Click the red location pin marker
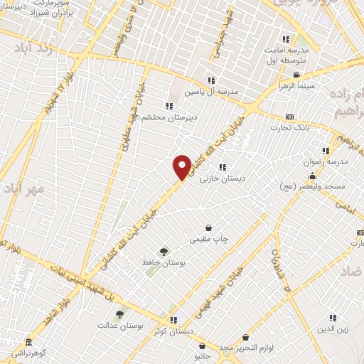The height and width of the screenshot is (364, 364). pyautogui.click(x=183, y=166)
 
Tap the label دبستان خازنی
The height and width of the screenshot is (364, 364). pyautogui.click(x=222, y=179)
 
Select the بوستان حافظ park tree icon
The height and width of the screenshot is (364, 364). pyautogui.click(x=164, y=251)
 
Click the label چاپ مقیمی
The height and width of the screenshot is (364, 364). pyautogui.click(x=208, y=240)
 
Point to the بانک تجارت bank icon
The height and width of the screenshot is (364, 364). pyautogui.click(x=289, y=117)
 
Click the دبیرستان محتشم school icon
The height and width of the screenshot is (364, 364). pyautogui.click(x=168, y=106)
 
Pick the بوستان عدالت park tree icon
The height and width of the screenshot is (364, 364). pyautogui.click(x=119, y=314)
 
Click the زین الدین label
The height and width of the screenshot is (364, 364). pyautogui.click(x=332, y=329)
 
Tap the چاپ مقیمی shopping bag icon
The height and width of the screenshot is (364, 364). pyautogui.click(x=208, y=228)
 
